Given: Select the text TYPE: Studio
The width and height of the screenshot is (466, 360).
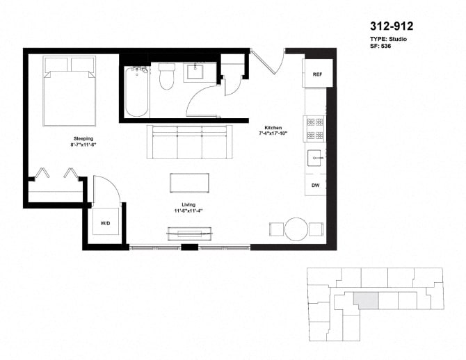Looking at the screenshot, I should tap(388, 39).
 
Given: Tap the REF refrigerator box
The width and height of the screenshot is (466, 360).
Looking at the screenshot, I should tap(317, 74).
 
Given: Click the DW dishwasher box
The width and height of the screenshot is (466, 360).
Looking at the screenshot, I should tap(315, 185).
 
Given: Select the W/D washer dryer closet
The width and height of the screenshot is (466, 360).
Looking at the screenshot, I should tap(105, 224).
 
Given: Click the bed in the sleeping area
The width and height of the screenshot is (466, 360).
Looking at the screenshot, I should tap(70, 92).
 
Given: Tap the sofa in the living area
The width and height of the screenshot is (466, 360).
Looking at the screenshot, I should tap(187, 142).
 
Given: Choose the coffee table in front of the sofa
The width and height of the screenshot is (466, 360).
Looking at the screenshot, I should tap(190, 183).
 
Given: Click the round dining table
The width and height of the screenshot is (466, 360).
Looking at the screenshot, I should tap(296, 229).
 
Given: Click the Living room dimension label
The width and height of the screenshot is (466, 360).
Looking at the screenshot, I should tap(188, 210).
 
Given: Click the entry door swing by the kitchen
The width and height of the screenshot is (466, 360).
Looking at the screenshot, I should tap(268, 63).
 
